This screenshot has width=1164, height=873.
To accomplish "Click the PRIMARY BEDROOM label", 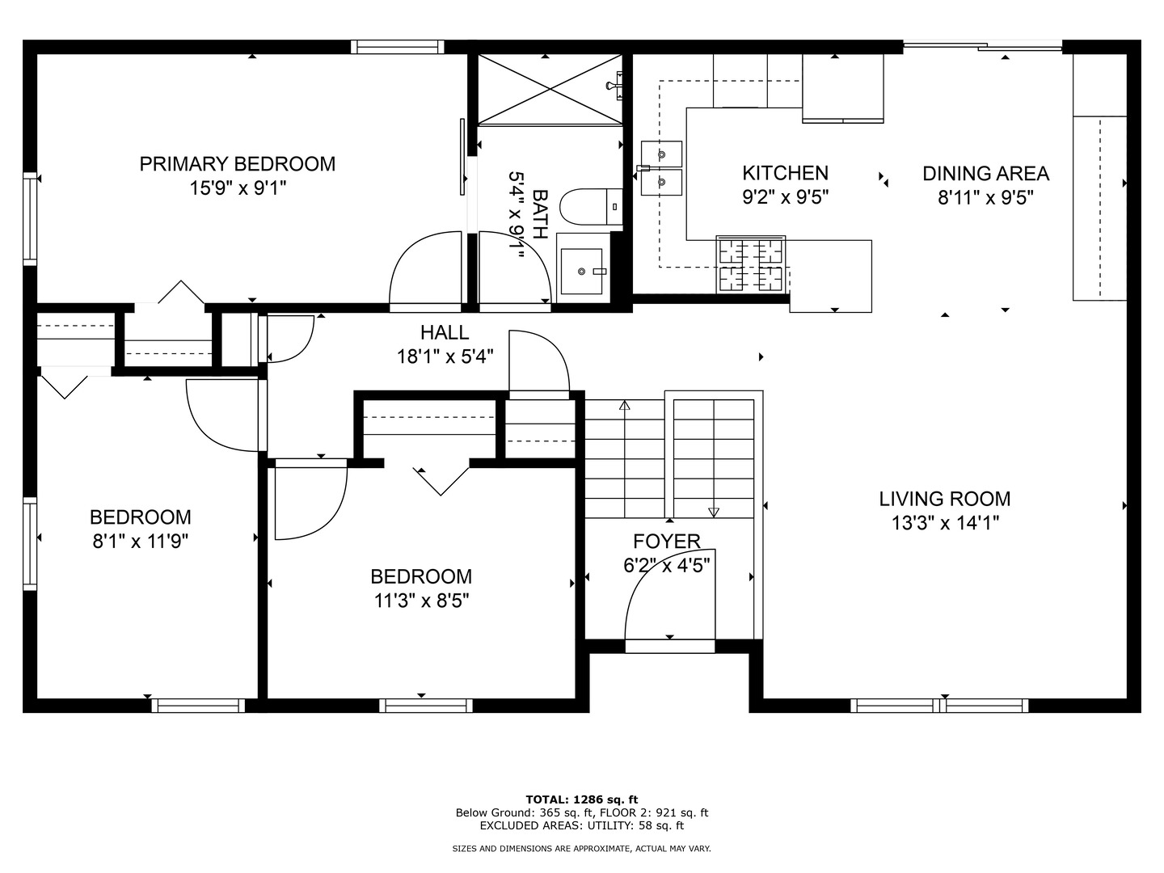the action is (238, 164).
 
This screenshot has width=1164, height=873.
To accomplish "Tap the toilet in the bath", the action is (591, 206).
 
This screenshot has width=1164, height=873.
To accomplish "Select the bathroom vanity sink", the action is (582, 271).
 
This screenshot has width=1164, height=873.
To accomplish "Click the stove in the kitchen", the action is (750, 264).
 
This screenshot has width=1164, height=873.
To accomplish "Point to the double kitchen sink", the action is (661, 168).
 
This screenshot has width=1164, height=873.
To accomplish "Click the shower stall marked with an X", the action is (550, 90).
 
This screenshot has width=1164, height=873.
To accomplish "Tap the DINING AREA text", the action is (985, 173).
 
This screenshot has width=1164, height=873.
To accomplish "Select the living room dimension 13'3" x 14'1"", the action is (945, 523).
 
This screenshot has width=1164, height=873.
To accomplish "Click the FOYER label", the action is (667, 542).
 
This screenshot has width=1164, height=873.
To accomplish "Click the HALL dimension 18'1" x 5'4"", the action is (445, 356).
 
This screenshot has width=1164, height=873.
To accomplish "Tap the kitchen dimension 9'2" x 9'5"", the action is (786, 197).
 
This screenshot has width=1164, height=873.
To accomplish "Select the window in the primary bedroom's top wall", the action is (397, 47).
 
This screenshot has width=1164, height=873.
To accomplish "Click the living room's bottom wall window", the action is (939, 706).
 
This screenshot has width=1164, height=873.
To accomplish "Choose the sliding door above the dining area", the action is (983, 47).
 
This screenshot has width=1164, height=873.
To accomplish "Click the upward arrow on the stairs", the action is (625, 406).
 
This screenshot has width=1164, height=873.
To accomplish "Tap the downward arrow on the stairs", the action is (714, 512).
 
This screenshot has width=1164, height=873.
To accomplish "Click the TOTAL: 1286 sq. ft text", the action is (582, 799).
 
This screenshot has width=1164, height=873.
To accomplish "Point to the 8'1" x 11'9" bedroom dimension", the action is (141, 542).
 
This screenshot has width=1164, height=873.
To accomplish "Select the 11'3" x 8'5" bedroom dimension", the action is (422, 601).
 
